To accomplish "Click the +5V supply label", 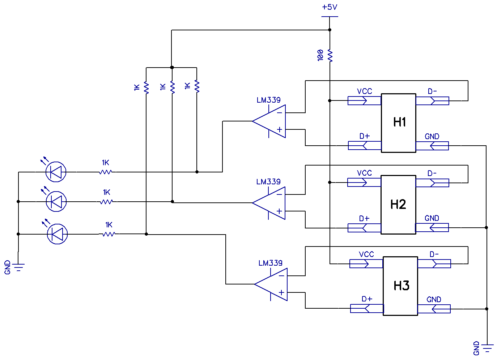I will pyautogui.click(x=330, y=7).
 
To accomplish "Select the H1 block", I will pyautogui.click(x=399, y=123).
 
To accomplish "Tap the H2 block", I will pyautogui.click(x=398, y=205).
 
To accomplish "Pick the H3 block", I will pyautogui.click(x=400, y=286).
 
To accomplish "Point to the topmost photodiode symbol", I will pyautogui.click(x=56, y=172).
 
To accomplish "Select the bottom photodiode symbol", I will pyautogui.click(x=57, y=234).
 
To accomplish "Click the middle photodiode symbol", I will pyautogui.click(x=56, y=201).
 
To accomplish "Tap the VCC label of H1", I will pyautogui.click(x=364, y=91).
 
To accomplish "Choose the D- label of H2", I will pyautogui.click(x=432, y=173).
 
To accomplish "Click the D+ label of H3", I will pyautogui.click(x=367, y=299).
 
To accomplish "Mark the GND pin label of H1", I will pyautogui.click(x=432, y=137).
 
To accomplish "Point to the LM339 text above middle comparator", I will pyautogui.click(x=268, y=182).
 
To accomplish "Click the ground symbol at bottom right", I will pyautogui.click(x=487, y=348).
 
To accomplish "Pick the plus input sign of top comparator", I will pyautogui.click(x=280, y=129).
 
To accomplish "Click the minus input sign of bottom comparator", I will pyautogui.click(x=281, y=276).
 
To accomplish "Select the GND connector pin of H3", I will pyautogui.click(x=434, y=309).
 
